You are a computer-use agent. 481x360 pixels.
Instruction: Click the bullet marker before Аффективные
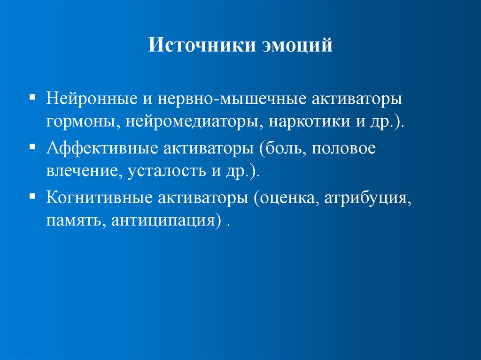(x=32, y=147)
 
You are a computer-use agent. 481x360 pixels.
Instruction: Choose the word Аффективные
(x=101, y=150)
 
